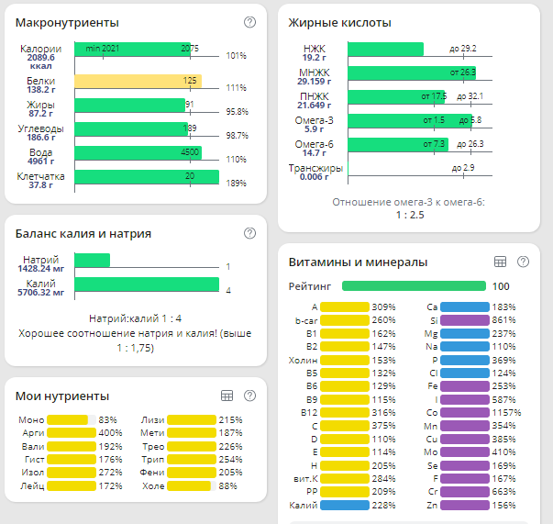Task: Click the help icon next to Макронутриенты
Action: click(249, 22)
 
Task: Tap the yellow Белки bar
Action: click(138, 81)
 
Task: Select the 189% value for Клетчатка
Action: click(237, 184)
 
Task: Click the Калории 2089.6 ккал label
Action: click(40, 56)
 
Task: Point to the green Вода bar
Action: click(138, 152)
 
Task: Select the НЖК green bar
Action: click(386, 49)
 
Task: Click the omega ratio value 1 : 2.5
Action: click(408, 215)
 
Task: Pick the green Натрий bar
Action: click(92, 261)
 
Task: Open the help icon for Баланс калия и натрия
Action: click(249, 233)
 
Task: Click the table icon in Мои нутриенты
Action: click(227, 396)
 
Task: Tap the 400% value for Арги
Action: click(110, 433)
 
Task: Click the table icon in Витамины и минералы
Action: click(501, 262)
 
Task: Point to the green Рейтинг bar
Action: click(414, 286)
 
